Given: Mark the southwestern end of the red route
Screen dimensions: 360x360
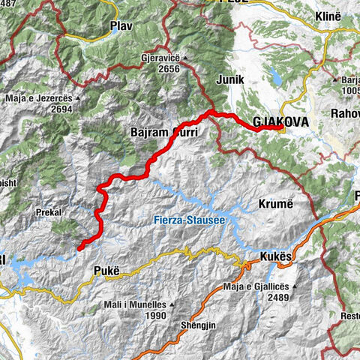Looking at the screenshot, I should click(79, 245).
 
